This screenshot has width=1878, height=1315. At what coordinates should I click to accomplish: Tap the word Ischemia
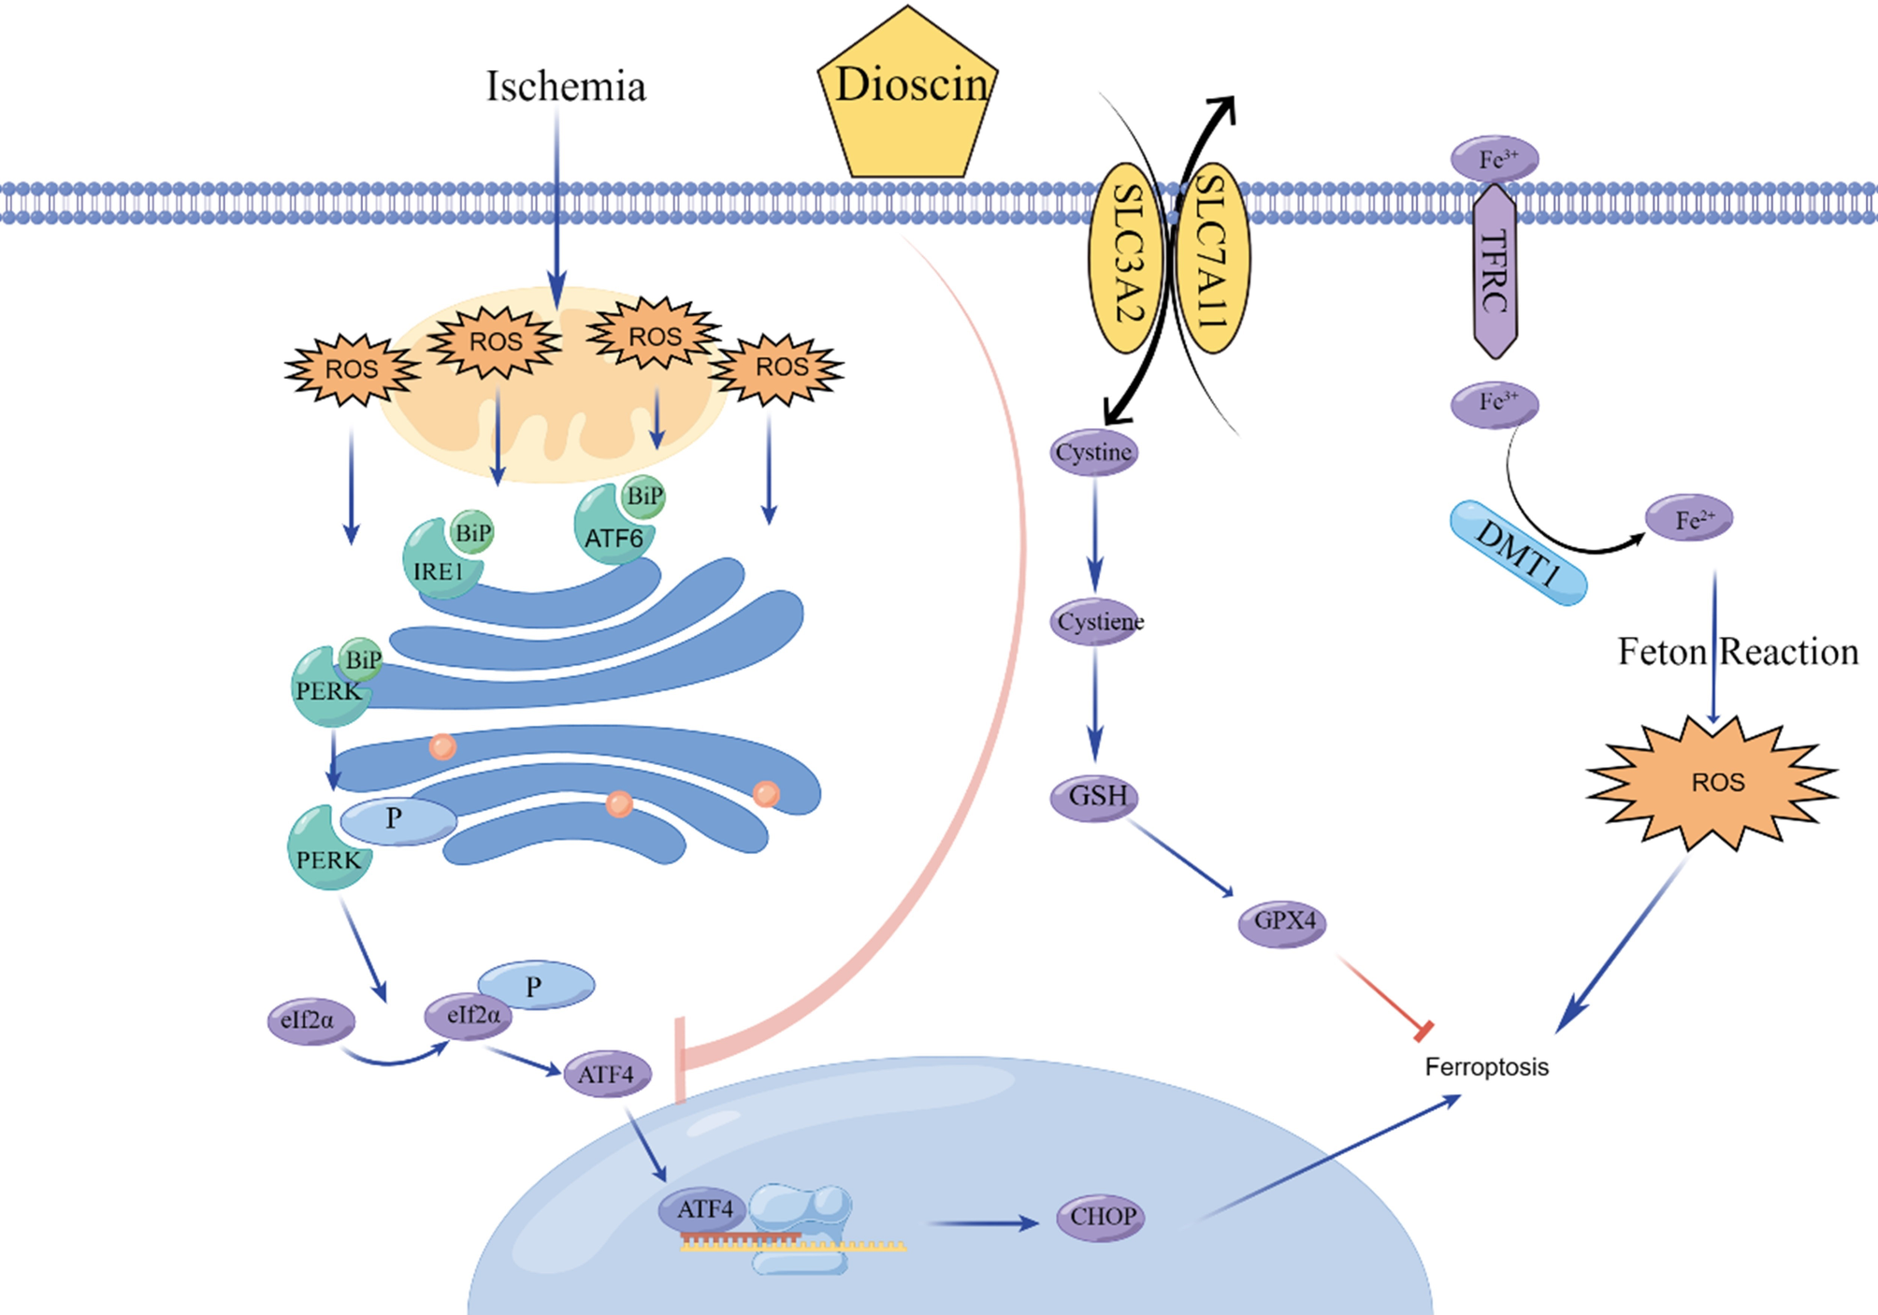[566, 86]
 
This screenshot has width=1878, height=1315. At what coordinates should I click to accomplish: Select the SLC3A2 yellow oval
[1127, 257]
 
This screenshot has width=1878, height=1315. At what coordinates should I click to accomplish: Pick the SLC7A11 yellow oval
[1213, 257]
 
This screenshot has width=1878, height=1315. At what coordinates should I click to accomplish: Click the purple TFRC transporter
[1495, 271]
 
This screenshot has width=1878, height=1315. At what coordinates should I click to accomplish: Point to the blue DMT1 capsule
[1517, 553]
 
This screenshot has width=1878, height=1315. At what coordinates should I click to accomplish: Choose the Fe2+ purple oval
[1689, 518]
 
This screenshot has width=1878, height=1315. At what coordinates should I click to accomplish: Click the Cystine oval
[1093, 453]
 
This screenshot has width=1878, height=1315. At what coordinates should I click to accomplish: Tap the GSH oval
[1095, 797]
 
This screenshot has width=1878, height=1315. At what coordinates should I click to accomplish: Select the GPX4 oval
[1282, 922]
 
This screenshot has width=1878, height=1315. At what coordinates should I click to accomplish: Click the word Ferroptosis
[1486, 1067]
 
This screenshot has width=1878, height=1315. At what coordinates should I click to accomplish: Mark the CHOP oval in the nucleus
[1101, 1217]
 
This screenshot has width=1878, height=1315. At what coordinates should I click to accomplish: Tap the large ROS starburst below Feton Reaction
[1712, 782]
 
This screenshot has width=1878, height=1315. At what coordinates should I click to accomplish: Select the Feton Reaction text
[1738, 651]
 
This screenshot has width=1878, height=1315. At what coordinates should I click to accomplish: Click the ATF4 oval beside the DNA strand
[703, 1210]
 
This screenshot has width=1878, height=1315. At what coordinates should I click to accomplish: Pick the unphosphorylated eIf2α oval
[311, 1020]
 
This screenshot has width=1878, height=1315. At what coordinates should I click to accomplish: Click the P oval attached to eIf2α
[536, 985]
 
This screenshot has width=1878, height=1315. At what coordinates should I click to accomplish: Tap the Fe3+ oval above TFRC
[1495, 159]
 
